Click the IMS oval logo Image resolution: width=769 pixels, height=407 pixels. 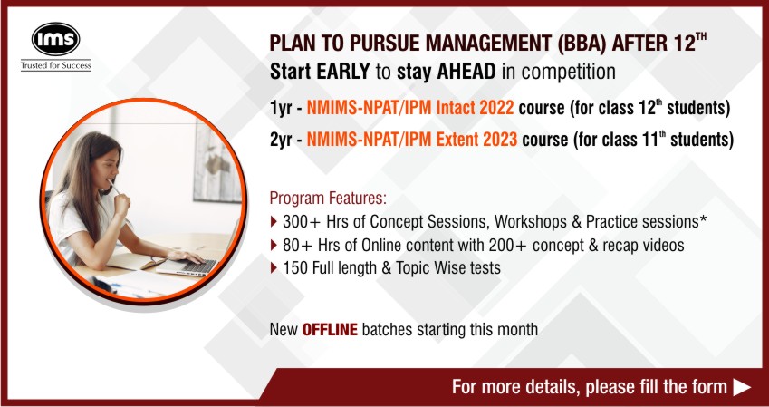(55, 39)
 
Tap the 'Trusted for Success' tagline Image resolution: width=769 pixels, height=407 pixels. (55, 65)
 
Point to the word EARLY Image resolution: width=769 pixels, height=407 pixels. (342, 72)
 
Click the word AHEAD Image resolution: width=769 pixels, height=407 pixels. (466, 72)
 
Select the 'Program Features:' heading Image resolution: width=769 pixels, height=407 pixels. (328, 199)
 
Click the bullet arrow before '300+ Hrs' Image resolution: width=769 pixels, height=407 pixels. (274, 222)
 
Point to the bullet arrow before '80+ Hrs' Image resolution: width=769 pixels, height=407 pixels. (274, 245)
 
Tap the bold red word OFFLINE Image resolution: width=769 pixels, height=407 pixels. (330, 329)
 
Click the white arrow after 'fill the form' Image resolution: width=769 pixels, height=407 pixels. (742, 387)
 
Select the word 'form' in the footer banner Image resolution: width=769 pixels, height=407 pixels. (708, 387)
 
